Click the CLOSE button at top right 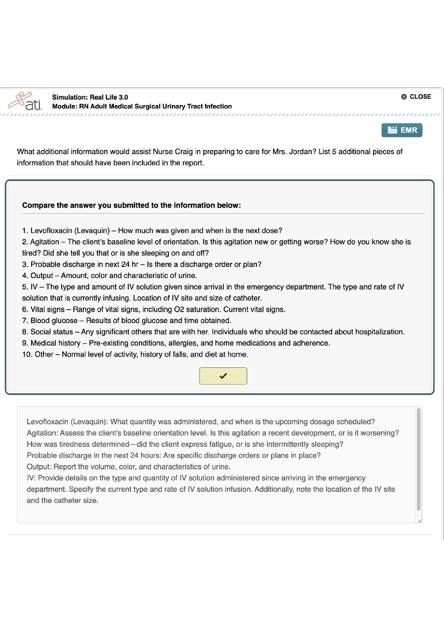416,97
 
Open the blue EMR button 402,130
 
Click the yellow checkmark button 223,376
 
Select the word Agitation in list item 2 45,242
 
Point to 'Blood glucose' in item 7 54,320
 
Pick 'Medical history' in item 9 55,343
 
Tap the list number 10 26,354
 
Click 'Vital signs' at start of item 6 47,309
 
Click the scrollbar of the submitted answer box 418,459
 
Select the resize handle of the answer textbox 420,521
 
